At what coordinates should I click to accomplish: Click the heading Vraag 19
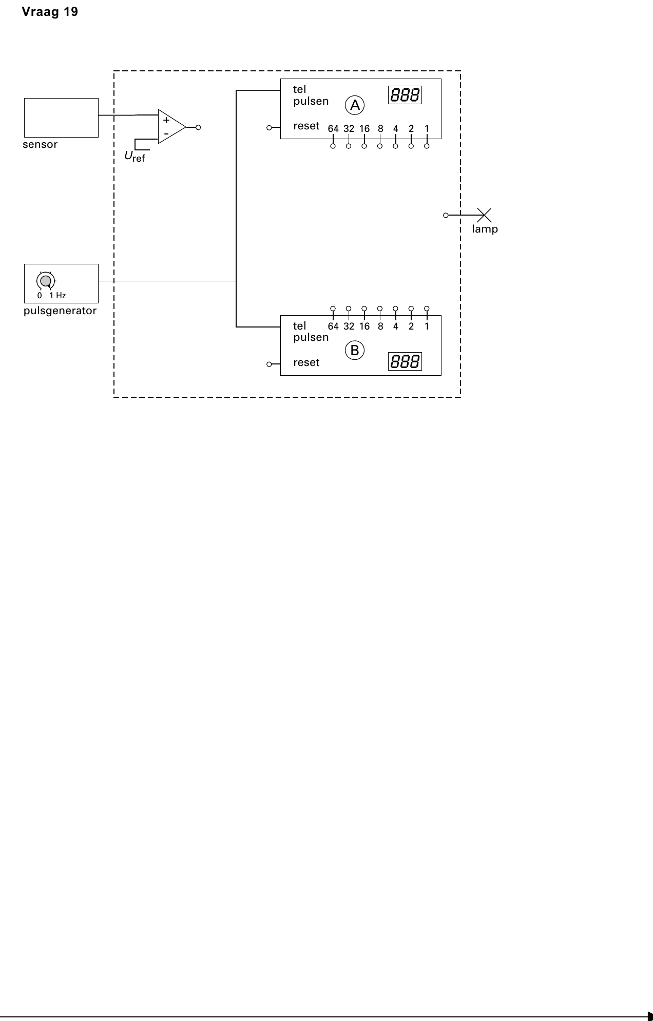pyautogui.click(x=50, y=12)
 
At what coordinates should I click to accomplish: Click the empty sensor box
pyautogui.click(x=61, y=118)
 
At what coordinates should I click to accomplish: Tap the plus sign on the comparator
pyautogui.click(x=166, y=121)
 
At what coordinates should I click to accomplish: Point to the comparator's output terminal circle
pyautogui.click(x=198, y=127)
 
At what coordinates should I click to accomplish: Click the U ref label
pyautogui.click(x=135, y=157)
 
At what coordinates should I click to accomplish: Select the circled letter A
pyautogui.click(x=355, y=105)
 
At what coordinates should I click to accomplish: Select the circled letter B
pyautogui.click(x=355, y=351)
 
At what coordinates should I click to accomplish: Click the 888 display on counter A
pyautogui.click(x=405, y=95)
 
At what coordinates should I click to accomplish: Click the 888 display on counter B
pyautogui.click(x=405, y=361)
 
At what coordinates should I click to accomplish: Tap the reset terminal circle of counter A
pyautogui.click(x=269, y=128)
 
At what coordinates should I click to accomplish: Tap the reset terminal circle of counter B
pyautogui.click(x=269, y=364)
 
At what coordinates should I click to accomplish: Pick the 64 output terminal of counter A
pyautogui.click(x=333, y=146)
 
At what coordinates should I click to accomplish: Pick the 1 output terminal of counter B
pyautogui.click(x=427, y=309)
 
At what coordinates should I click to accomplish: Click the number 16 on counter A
pyautogui.click(x=364, y=129)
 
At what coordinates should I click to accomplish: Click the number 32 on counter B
pyautogui.click(x=349, y=326)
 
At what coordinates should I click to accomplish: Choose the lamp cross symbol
pyautogui.click(x=484, y=215)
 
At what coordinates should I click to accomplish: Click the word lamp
pyautogui.click(x=485, y=229)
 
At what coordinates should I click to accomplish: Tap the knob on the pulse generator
pyautogui.click(x=46, y=281)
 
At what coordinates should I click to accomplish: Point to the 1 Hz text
pyautogui.click(x=57, y=296)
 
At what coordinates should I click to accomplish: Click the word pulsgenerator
pyautogui.click(x=60, y=311)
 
